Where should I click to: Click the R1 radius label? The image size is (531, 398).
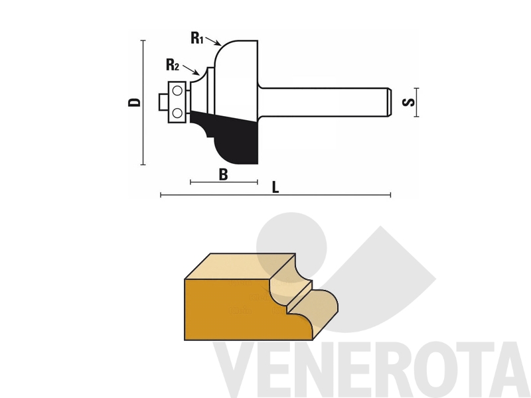196,38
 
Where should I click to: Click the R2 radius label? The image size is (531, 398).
173,64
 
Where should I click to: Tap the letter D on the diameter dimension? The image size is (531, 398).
134,102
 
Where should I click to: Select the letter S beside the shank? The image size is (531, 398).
408,102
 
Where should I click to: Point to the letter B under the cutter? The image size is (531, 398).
223,174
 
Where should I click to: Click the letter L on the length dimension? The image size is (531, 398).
275,187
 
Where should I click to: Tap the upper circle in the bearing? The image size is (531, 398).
177,91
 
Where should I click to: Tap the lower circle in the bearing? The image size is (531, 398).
177,113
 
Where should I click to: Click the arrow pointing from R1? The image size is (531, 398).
213,40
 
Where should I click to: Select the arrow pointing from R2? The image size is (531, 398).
191,70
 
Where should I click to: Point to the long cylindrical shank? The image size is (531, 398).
325,102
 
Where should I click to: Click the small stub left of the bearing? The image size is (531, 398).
163,102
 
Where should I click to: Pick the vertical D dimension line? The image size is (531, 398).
143,103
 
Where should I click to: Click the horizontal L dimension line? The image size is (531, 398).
275,195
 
